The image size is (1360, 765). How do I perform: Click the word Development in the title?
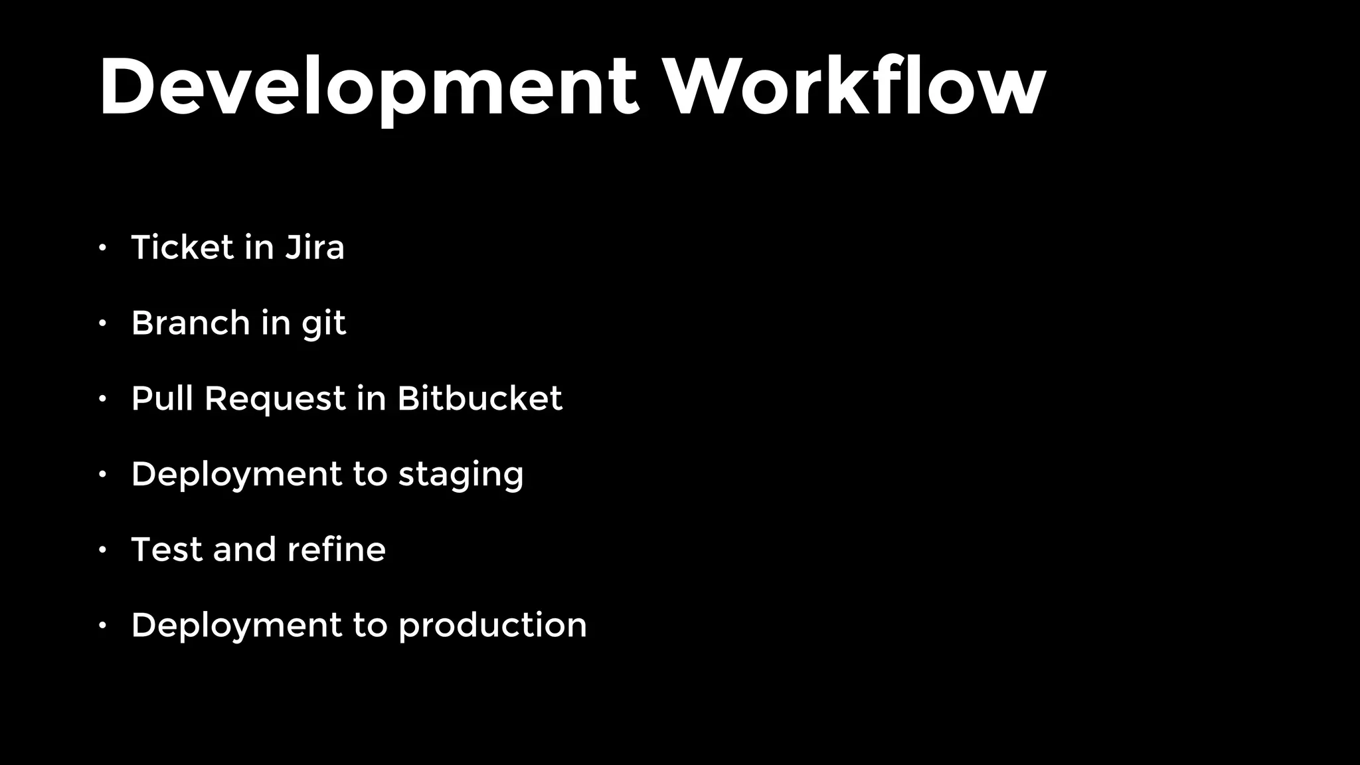tap(369, 88)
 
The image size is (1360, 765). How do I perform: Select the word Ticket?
tap(183, 248)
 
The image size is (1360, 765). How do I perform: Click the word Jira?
tap(315, 248)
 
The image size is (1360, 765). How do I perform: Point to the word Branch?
tap(191, 323)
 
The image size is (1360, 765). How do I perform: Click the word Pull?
tap(162, 398)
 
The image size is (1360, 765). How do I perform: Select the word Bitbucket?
tap(479, 398)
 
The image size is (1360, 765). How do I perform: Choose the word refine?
tap(336, 550)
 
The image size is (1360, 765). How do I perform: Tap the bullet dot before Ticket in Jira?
tap(102, 248)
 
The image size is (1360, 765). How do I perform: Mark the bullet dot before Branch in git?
tap(102, 324)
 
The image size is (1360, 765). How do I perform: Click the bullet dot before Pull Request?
tap(102, 399)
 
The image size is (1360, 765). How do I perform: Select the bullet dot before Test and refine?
tap(102, 551)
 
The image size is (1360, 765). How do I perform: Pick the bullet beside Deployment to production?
tap(102, 626)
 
